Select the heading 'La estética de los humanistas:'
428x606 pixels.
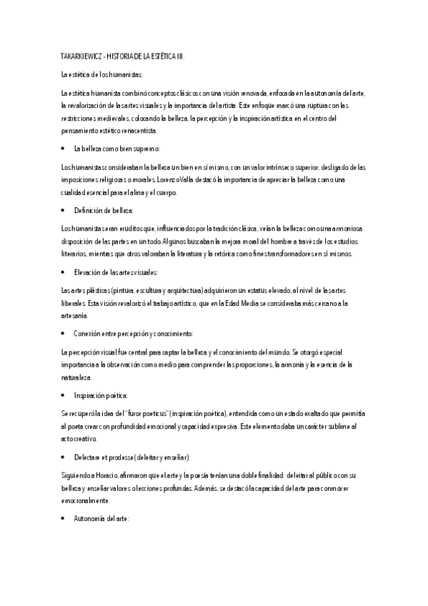point(101,74)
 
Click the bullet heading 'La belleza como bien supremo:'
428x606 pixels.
point(116,149)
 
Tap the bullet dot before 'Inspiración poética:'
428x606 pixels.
point(64,395)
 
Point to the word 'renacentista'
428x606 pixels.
point(154,131)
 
